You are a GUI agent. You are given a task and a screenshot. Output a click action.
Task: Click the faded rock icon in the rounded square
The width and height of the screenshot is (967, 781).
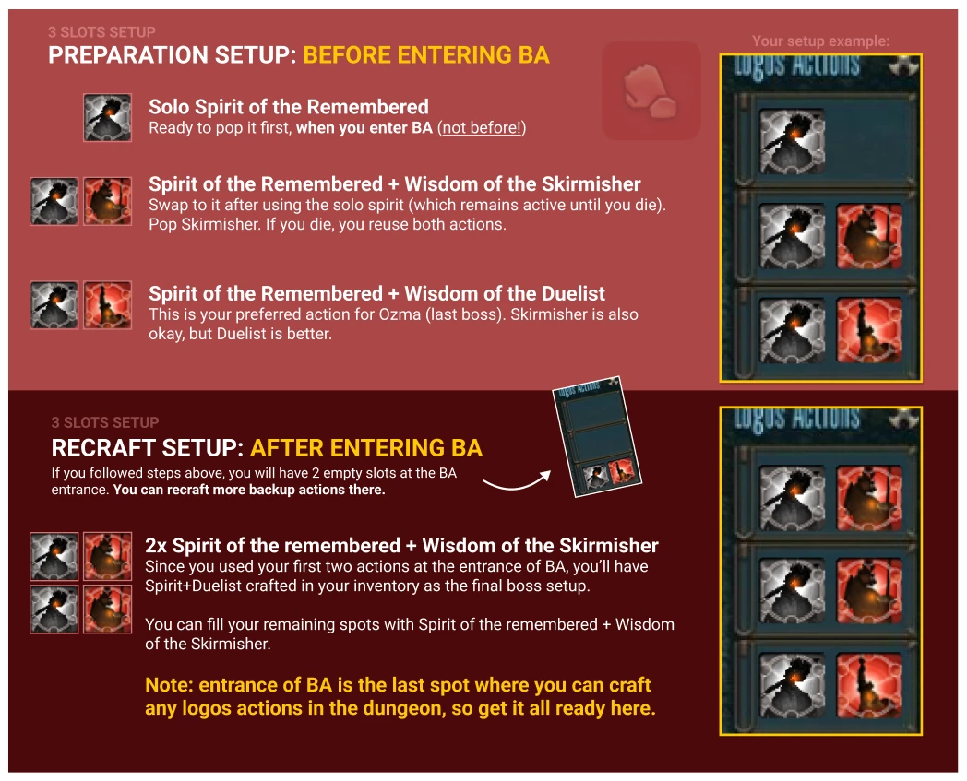pyautogui.click(x=650, y=90)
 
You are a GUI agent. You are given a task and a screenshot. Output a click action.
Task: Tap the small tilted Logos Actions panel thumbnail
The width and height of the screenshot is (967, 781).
pyautogui.click(x=596, y=436)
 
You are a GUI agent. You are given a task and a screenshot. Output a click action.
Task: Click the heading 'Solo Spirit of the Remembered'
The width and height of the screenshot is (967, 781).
pyautogui.click(x=289, y=107)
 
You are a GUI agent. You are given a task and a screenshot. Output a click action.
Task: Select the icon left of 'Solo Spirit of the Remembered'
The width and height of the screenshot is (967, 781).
pyautogui.click(x=107, y=118)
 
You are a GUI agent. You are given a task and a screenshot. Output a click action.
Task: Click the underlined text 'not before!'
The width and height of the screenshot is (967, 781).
pyautogui.click(x=482, y=127)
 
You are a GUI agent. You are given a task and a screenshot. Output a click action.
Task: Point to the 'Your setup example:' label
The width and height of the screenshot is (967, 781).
pyautogui.click(x=821, y=41)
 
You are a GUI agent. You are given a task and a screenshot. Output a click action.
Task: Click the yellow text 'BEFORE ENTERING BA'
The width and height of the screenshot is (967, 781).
pyautogui.click(x=426, y=55)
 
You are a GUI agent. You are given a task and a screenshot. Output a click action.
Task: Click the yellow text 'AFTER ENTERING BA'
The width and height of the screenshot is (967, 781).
pyautogui.click(x=366, y=448)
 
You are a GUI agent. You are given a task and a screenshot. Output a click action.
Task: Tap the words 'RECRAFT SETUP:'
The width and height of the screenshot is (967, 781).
pyautogui.click(x=148, y=448)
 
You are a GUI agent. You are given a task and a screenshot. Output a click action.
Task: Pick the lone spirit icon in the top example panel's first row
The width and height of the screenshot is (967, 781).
pyautogui.click(x=792, y=141)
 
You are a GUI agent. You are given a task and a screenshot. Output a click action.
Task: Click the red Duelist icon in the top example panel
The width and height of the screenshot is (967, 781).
pyautogui.click(x=869, y=330)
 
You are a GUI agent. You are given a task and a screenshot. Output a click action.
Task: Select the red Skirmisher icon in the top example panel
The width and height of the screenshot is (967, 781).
pyautogui.click(x=869, y=236)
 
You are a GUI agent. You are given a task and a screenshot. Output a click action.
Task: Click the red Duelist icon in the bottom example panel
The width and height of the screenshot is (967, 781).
pyautogui.click(x=869, y=685)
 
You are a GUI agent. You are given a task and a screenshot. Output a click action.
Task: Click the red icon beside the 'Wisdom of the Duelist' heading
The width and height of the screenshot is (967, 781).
pyautogui.click(x=107, y=305)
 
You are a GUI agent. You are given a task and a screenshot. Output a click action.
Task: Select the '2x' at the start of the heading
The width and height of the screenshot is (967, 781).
pyautogui.click(x=156, y=546)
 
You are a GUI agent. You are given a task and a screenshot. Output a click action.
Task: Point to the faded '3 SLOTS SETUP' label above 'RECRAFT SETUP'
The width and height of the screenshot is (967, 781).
pyautogui.click(x=105, y=422)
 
